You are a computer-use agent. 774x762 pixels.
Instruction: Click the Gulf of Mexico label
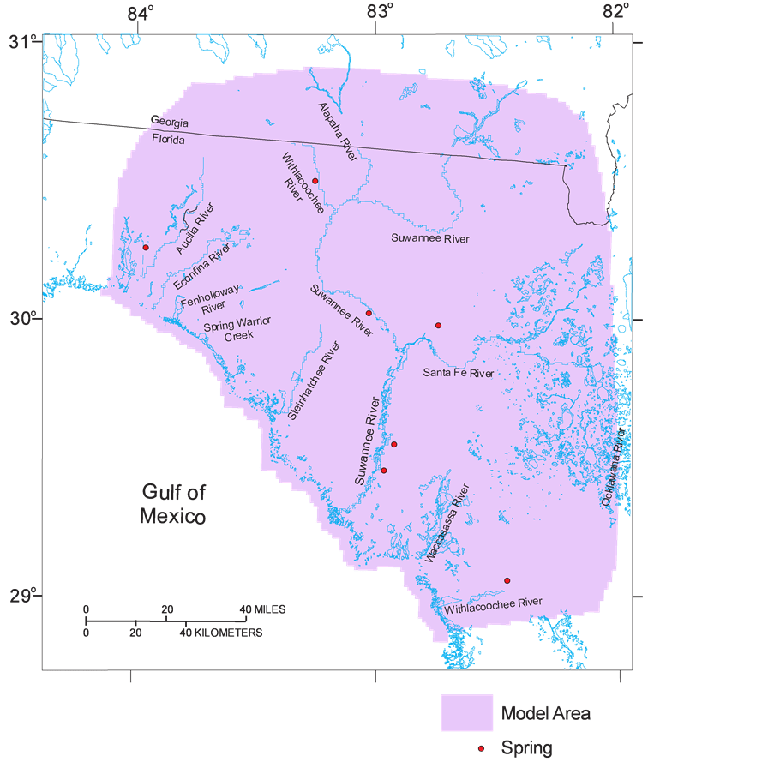pos(173,504)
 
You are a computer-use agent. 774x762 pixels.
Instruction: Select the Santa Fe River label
pos(459,373)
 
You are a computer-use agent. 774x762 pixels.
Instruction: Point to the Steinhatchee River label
pos(314,379)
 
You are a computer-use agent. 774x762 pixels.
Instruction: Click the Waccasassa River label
pos(447,523)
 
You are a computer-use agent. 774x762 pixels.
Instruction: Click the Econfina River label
pos(202,267)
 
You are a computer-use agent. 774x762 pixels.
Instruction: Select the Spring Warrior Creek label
pos(237,328)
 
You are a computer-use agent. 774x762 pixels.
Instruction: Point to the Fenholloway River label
pos(210,297)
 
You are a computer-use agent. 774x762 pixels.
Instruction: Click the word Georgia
pos(170,123)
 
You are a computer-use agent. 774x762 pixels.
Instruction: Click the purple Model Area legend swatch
pos(466,712)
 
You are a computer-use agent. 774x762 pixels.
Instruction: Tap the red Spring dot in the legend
pos(482,748)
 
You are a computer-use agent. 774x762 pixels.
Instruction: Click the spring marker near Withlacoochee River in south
pos(507,580)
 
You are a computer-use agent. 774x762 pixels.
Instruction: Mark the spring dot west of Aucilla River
pos(146,247)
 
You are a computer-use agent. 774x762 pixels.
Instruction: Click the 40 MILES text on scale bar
pos(263,609)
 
